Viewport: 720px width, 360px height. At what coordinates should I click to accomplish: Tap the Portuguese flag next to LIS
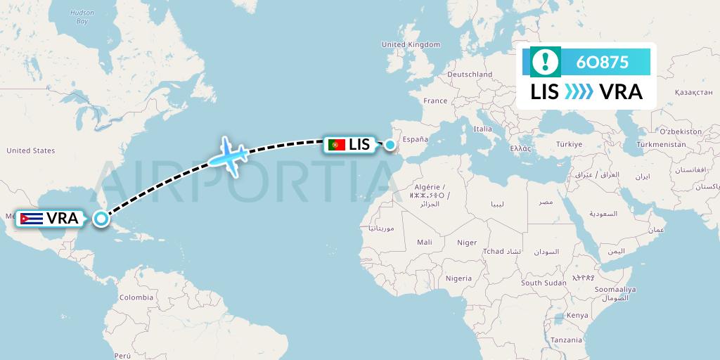(x=337, y=145)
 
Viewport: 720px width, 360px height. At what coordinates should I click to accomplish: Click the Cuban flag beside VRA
(x=32, y=218)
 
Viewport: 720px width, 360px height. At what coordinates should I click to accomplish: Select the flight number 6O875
(x=602, y=62)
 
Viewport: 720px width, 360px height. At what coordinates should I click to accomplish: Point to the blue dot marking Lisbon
(x=390, y=145)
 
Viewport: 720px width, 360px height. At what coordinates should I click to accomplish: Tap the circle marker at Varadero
(x=102, y=219)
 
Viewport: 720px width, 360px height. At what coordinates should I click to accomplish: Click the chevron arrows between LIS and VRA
(x=579, y=92)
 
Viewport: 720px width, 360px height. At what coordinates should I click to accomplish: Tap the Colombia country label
(x=136, y=297)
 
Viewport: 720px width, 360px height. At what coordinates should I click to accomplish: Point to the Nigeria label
(x=458, y=278)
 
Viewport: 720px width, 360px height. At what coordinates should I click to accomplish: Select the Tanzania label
(x=566, y=340)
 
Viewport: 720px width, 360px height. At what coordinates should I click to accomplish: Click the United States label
(x=30, y=150)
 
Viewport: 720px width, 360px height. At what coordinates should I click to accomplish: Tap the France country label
(x=435, y=101)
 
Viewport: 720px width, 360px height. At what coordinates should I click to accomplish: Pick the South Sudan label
(x=544, y=283)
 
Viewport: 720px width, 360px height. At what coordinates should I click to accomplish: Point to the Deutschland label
(x=470, y=74)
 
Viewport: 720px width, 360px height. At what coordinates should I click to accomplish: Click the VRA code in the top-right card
(x=621, y=92)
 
